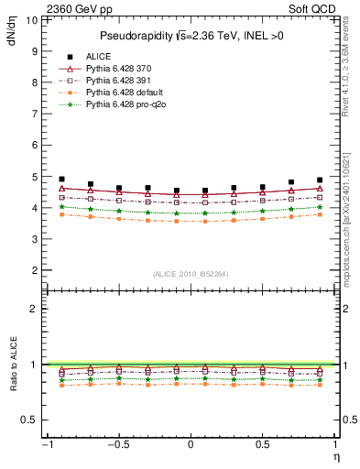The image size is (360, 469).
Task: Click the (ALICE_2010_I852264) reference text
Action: pos(190,273)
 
